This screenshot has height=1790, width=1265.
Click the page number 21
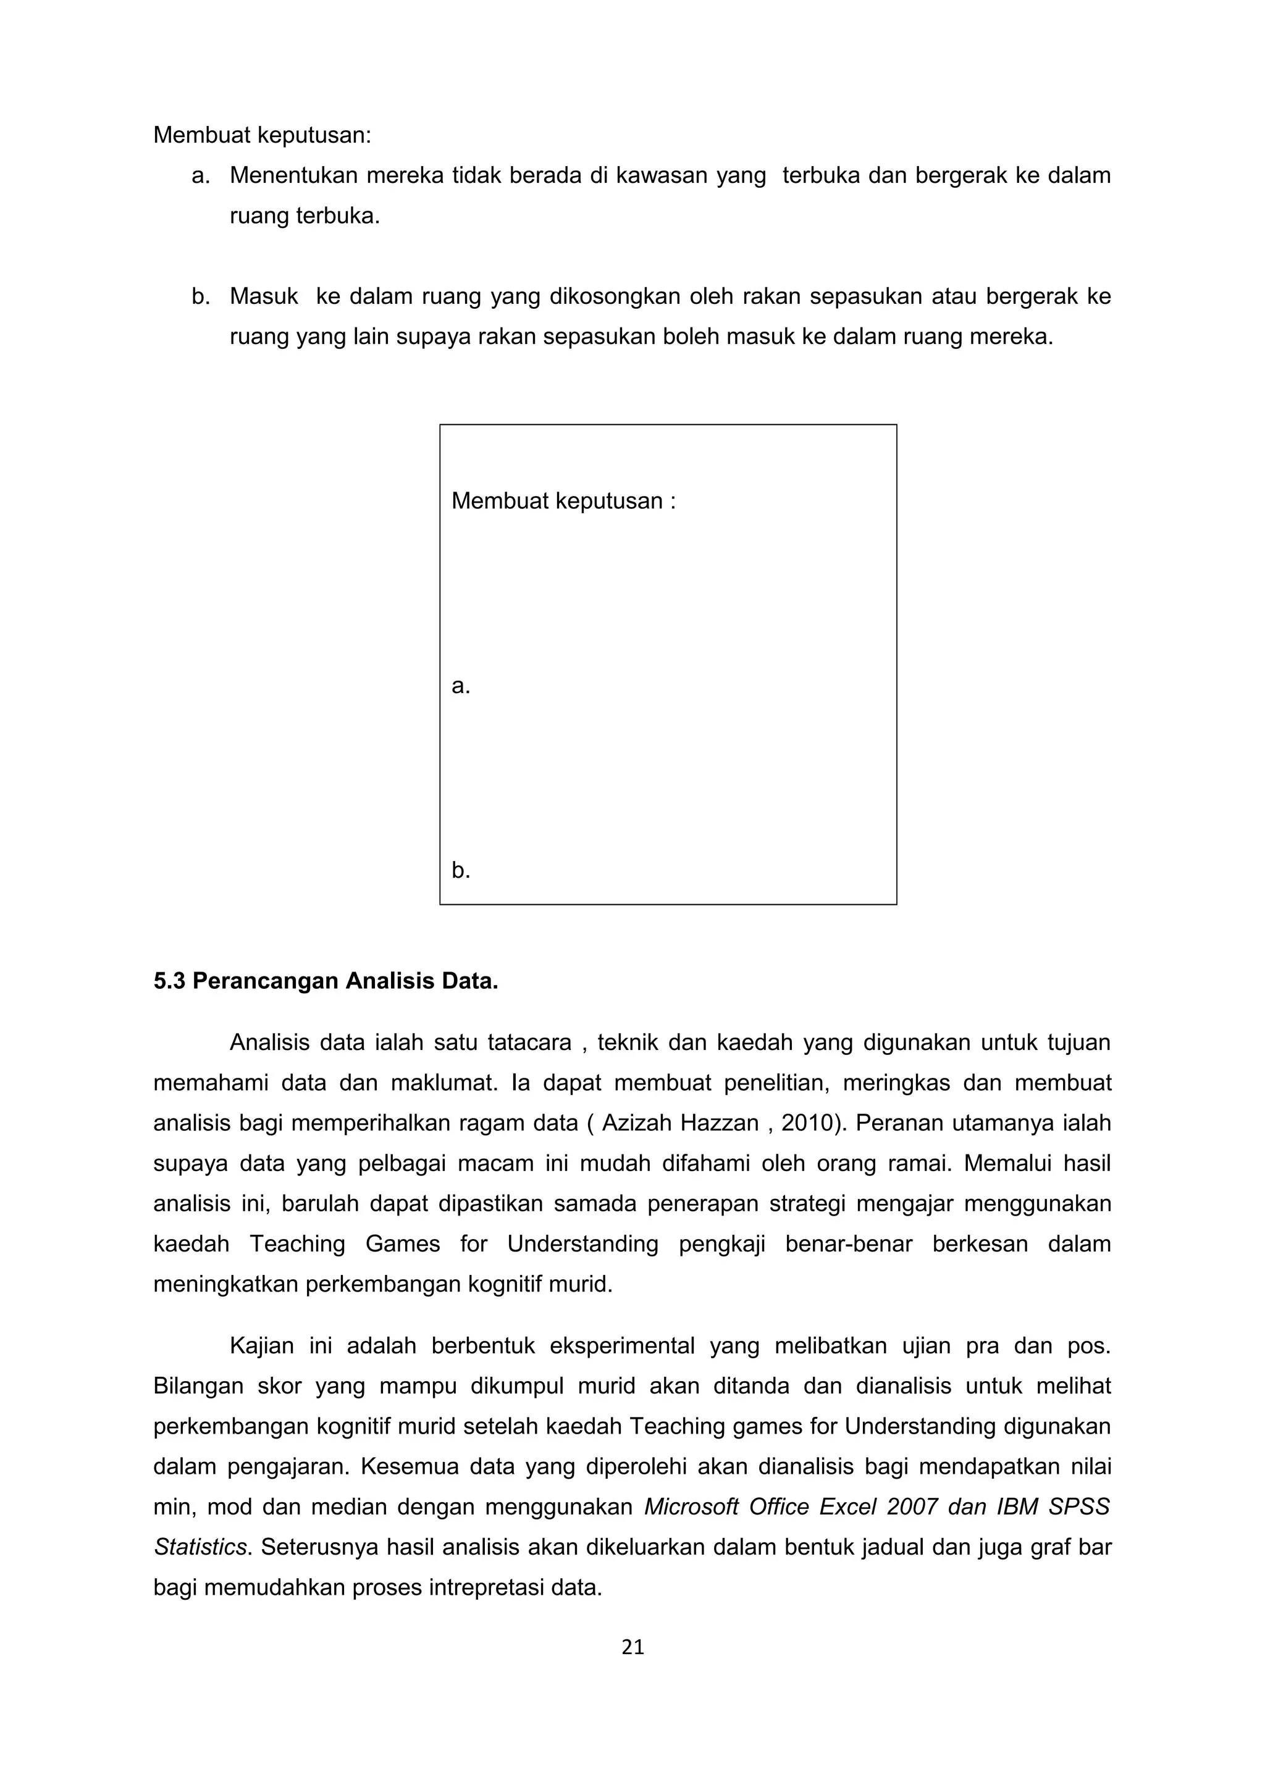click(x=632, y=1647)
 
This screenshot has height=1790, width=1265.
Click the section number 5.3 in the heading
click(x=169, y=981)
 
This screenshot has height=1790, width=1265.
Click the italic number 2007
click(x=911, y=1506)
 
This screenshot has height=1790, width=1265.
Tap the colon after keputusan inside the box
click(x=672, y=500)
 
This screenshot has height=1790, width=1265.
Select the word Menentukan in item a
click(x=293, y=175)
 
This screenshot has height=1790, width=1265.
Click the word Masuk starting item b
click(x=264, y=296)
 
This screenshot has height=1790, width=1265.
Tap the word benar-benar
click(x=848, y=1243)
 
